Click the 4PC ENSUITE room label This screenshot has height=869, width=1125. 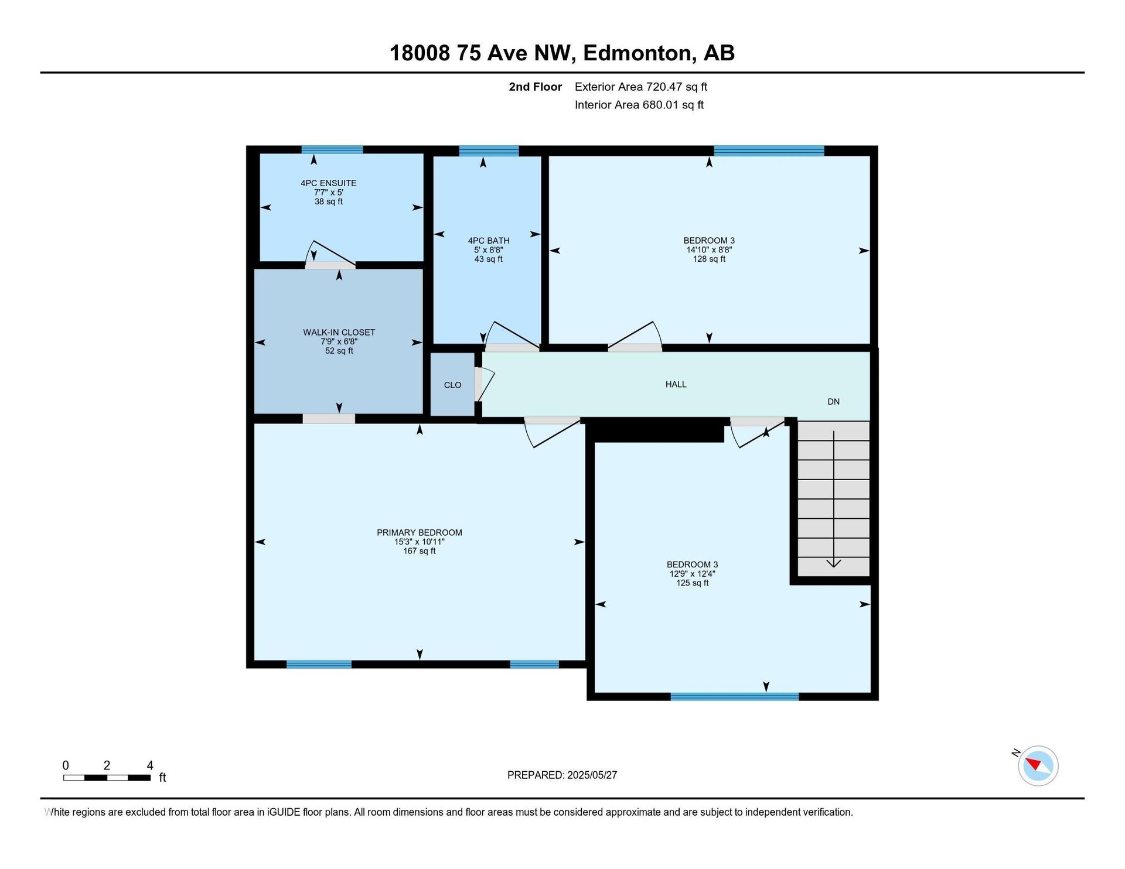pos(328,183)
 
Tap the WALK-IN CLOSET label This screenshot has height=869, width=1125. pos(339,333)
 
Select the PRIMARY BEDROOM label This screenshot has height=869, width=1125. pos(420,533)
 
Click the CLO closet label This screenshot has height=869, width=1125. pos(452,385)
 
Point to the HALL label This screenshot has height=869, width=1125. pos(676,385)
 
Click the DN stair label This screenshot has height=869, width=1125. pos(833,402)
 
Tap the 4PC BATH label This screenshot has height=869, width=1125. pos(489,241)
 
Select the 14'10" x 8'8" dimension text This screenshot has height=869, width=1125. pos(709,250)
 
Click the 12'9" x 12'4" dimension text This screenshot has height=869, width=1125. pos(693,574)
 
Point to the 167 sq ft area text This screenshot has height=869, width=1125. pos(420,551)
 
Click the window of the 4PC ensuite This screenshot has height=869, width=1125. pos(332,150)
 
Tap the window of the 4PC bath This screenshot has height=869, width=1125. pos(489,150)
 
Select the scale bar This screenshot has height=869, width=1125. pos(107,778)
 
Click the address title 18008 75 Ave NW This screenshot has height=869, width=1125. pos(479,53)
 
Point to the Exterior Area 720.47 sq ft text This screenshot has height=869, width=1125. pos(641,87)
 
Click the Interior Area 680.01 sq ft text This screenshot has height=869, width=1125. pos(639,105)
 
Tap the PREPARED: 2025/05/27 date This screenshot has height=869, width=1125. pos(562,775)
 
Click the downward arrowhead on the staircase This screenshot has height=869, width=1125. pos(833,563)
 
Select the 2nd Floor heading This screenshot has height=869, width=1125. pos(535,87)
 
